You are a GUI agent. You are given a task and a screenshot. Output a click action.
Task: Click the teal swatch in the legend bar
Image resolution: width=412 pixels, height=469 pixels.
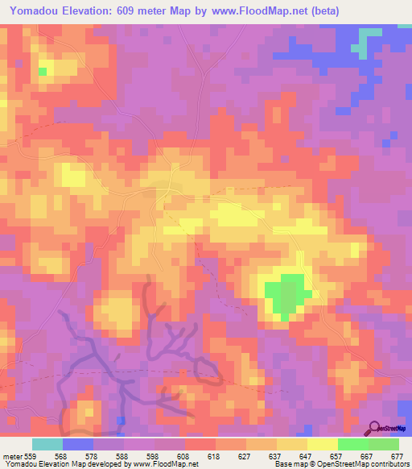click(x=47, y=444)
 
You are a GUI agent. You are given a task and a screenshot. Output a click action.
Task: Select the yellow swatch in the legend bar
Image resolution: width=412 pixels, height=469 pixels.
click(x=322, y=444)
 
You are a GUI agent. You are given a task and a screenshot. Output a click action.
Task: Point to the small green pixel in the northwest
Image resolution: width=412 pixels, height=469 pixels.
click(x=42, y=72)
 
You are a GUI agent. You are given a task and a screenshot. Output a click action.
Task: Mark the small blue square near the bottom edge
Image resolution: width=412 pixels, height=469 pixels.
click(x=121, y=421)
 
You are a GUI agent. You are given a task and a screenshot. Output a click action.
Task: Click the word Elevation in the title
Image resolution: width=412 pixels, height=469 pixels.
click(x=88, y=11)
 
